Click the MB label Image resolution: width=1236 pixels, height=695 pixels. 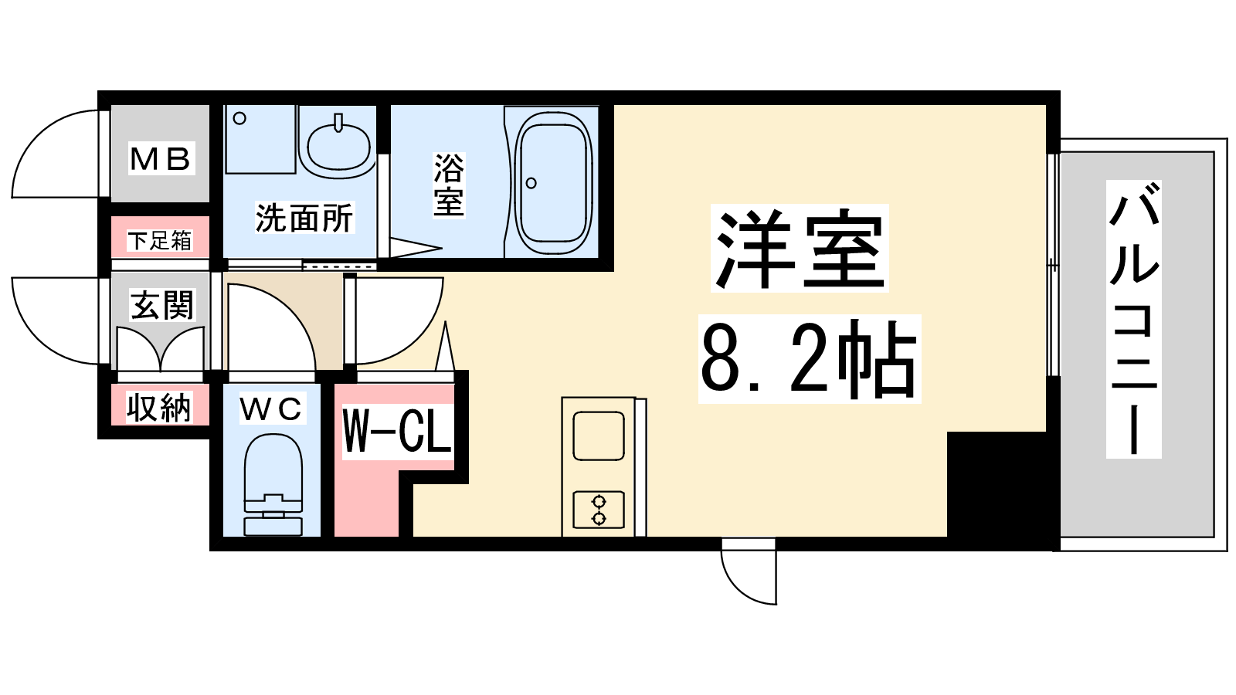[161, 159]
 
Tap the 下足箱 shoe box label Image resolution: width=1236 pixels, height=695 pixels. [160, 240]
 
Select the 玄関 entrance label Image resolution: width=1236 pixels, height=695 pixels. [162, 305]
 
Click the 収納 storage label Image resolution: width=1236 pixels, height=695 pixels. [159, 408]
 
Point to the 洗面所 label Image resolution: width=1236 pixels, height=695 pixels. [304, 218]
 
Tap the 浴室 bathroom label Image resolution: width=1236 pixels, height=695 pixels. [449, 185]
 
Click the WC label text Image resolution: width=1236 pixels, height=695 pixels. [272, 409]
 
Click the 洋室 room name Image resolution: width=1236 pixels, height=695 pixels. [799, 248]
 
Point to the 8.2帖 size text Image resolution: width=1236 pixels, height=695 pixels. [809, 358]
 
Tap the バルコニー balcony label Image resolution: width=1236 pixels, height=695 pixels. [1133, 319]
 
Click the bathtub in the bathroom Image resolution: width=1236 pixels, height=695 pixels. [553, 183]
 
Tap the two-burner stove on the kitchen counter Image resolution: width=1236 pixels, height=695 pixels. [599, 510]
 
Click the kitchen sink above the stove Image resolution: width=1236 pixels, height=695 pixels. [599, 436]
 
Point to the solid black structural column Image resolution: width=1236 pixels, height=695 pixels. [1002, 484]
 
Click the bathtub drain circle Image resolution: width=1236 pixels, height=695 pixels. [531, 182]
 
